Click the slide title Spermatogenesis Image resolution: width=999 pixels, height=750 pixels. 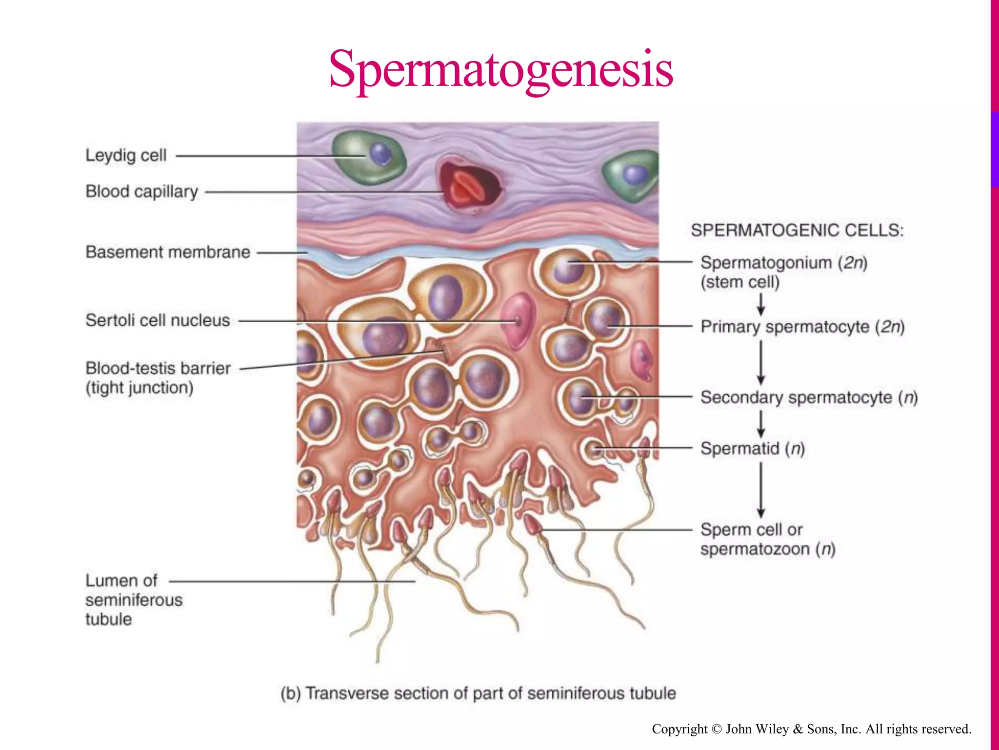[501, 69]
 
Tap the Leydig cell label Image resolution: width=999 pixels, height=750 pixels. [126, 156]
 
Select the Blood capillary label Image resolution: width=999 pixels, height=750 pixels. [141, 192]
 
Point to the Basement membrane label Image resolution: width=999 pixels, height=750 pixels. [168, 252]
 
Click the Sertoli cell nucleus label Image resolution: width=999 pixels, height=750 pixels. [158, 320]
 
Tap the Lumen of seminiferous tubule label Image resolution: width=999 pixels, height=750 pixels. [133, 600]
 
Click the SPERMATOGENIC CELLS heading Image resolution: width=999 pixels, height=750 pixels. [797, 230]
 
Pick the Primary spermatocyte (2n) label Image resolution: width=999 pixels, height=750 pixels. [802, 327]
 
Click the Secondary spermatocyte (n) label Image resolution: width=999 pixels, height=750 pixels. [809, 397]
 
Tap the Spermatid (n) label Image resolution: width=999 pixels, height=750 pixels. [752, 448]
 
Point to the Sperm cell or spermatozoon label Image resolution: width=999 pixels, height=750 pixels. [767, 539]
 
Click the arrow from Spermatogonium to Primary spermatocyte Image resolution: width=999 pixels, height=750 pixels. [760, 305]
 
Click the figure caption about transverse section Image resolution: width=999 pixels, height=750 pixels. [478, 693]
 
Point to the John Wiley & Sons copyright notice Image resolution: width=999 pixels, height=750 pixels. [811, 729]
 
